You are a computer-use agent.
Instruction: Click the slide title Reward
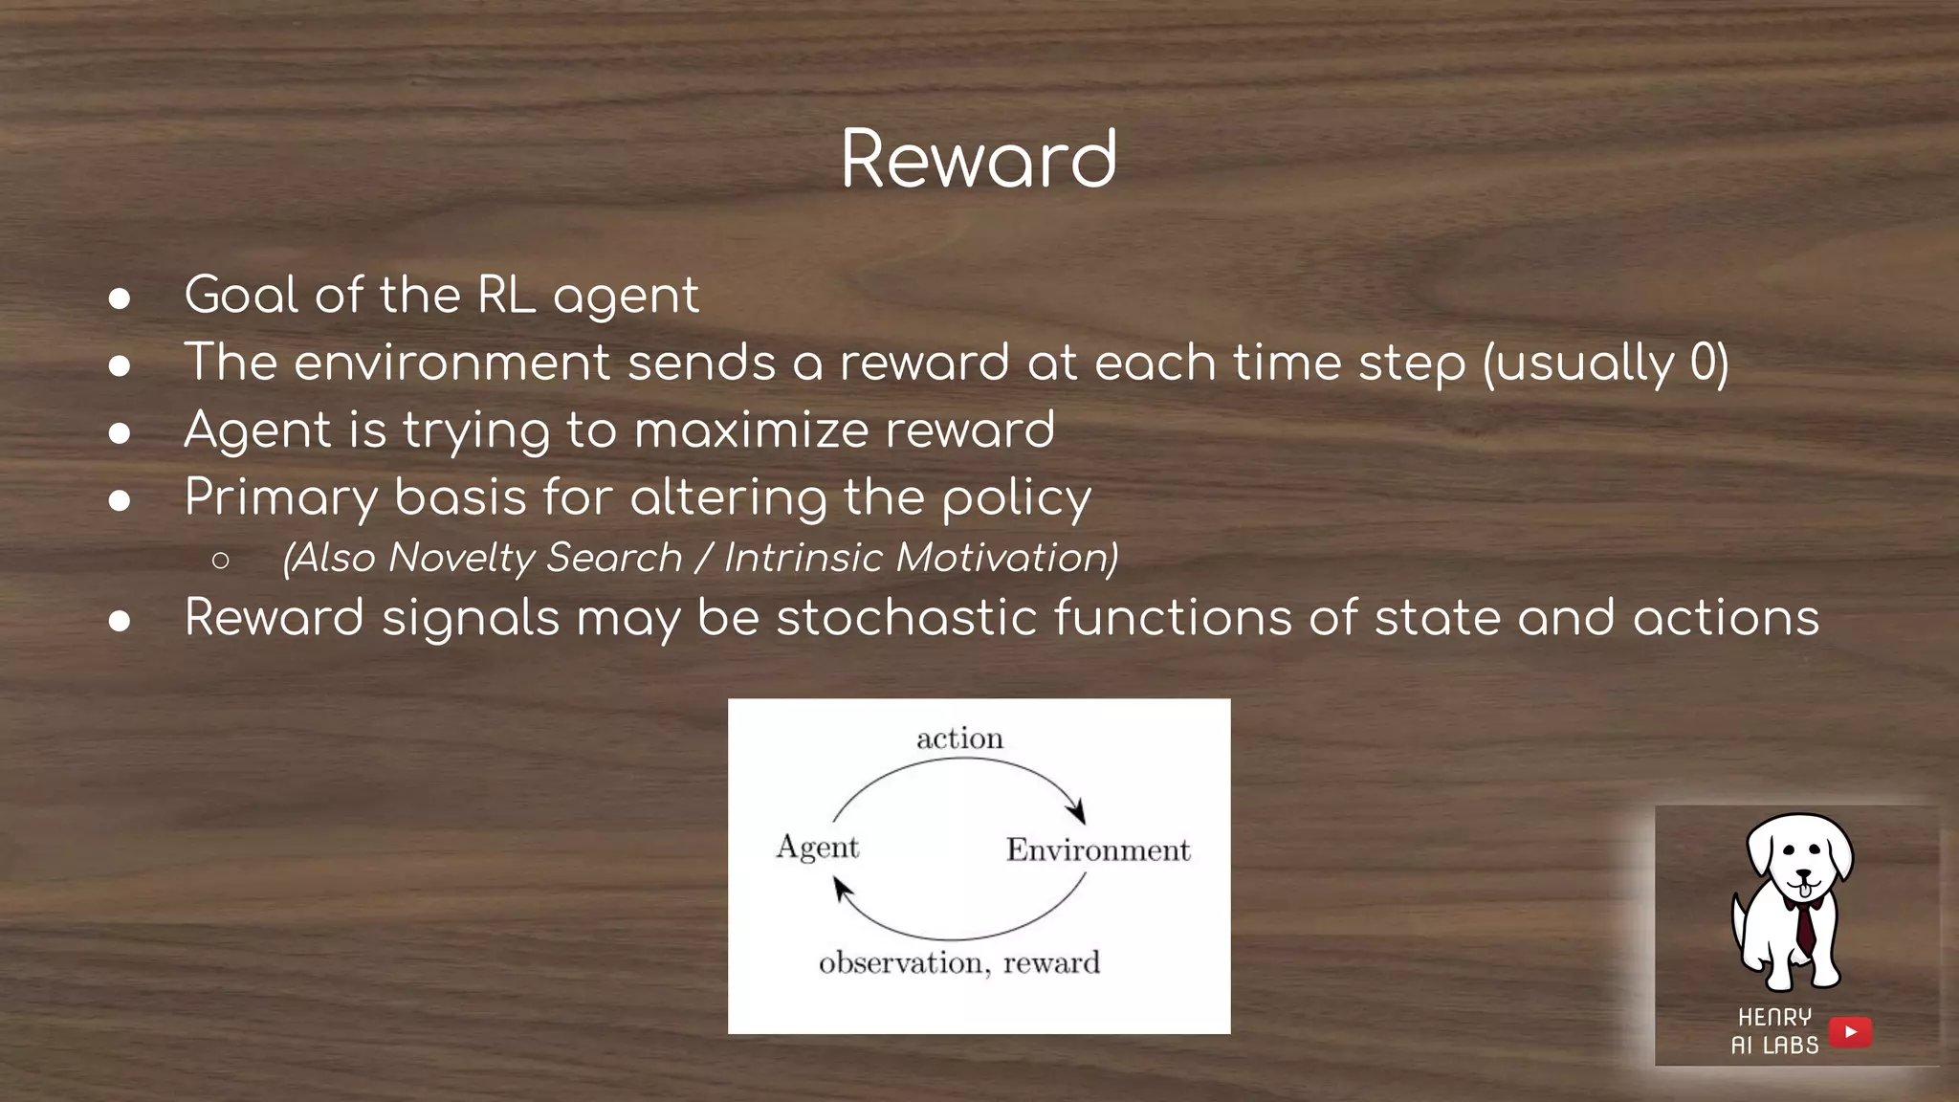coord(979,159)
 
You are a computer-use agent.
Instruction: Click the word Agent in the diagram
coord(817,848)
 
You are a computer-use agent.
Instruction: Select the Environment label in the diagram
coord(1097,849)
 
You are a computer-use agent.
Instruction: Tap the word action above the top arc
coord(959,738)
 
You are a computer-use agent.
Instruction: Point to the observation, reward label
coord(959,962)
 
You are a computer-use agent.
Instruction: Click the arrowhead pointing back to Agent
coord(841,890)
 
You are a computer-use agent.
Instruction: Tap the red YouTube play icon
coord(1850,1032)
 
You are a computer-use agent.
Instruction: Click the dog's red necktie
coord(1804,927)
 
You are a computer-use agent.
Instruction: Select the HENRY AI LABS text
coord(1774,1031)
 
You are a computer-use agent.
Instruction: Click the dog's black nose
coord(1803,874)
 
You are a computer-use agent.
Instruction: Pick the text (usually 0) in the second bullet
coord(1606,364)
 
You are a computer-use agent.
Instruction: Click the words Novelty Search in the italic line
coord(535,558)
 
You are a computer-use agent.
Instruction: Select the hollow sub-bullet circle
coord(221,561)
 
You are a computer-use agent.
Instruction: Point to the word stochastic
coord(906,618)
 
